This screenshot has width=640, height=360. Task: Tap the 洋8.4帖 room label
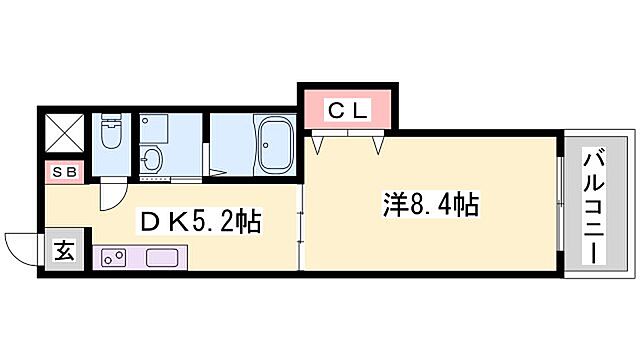[430, 206]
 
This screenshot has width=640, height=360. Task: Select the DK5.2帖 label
[201, 221]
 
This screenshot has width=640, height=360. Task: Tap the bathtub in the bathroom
[273, 146]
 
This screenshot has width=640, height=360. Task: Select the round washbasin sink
[151, 160]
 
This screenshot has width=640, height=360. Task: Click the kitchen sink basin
[161, 257]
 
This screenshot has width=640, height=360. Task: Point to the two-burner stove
[113, 257]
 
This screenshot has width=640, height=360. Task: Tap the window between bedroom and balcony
[558, 205]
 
